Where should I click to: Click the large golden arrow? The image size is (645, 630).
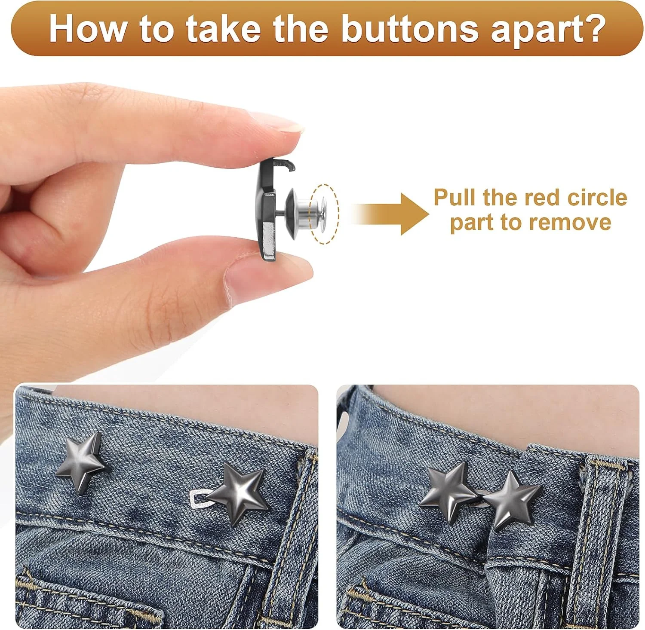click(x=389, y=214)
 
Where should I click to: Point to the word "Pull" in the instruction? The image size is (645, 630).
click(x=455, y=197)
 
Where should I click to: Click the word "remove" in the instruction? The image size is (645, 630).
click(x=571, y=223)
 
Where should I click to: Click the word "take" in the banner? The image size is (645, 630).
click(x=223, y=28)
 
